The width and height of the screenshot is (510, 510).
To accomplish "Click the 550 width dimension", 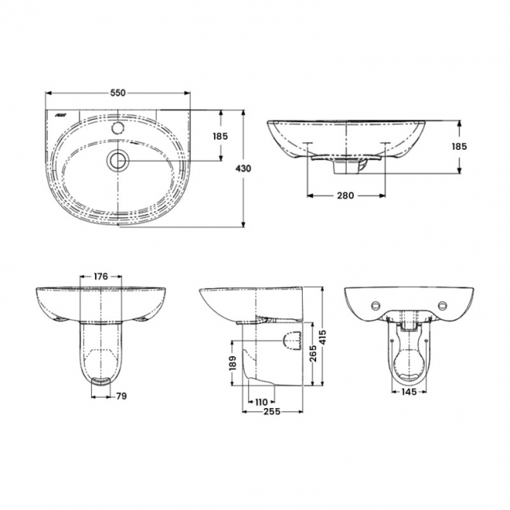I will click(118, 93).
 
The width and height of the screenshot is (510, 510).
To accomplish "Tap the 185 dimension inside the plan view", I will click(220, 137).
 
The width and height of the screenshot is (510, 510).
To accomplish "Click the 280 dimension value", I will click(344, 195).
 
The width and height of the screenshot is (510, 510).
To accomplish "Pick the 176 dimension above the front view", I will click(100, 277).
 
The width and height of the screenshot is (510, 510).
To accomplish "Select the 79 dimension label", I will click(122, 395).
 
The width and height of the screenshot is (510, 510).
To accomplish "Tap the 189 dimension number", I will click(232, 362).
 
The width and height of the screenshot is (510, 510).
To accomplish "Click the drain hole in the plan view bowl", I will click(118, 161).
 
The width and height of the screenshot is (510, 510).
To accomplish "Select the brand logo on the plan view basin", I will click(63, 116).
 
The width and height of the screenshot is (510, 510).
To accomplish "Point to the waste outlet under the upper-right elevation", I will click(345, 166).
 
